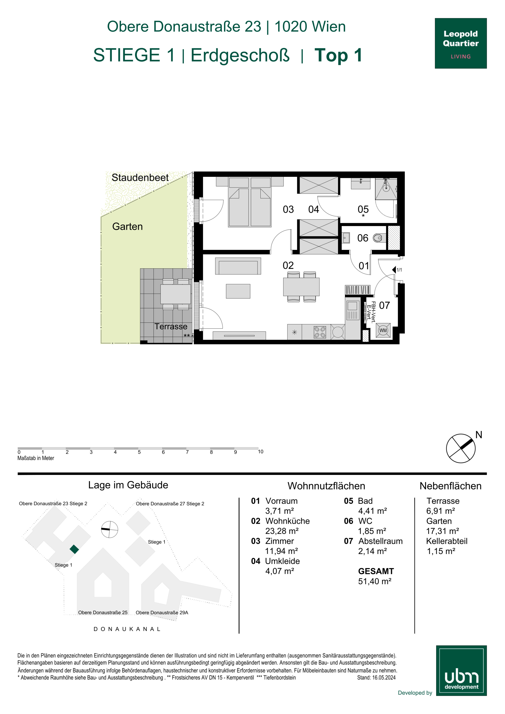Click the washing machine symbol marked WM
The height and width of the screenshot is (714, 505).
coord(383,330)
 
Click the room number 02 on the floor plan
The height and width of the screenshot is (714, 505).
coord(288,265)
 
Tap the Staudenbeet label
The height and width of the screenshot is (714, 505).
coord(140,177)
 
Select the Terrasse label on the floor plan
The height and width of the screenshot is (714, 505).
coord(171,326)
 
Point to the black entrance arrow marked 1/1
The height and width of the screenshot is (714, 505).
coord(394,270)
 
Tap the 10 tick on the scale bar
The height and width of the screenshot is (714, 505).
coord(260,451)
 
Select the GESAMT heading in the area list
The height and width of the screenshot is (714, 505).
coord(376,571)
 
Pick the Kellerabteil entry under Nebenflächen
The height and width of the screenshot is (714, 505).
coord(446,541)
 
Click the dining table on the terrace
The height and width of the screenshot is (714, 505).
coord(176,294)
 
